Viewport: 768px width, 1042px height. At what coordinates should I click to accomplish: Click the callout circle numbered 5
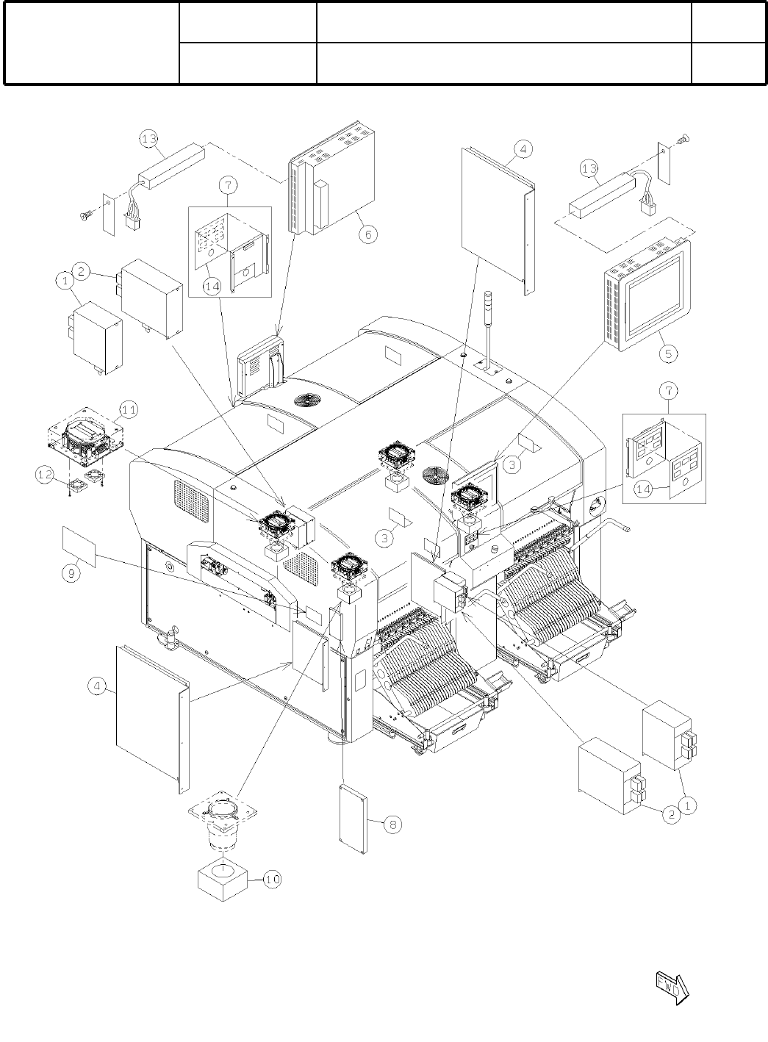tap(668, 353)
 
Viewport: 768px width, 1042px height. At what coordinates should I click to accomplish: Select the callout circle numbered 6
tap(368, 234)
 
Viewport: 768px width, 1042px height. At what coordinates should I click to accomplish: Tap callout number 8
tap(392, 824)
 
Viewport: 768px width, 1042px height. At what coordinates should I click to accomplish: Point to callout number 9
tap(71, 574)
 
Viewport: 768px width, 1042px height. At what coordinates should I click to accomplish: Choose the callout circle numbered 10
tap(272, 879)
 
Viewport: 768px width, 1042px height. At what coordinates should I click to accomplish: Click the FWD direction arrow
tap(670, 986)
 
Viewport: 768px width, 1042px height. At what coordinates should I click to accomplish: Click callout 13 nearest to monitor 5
tap(589, 170)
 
